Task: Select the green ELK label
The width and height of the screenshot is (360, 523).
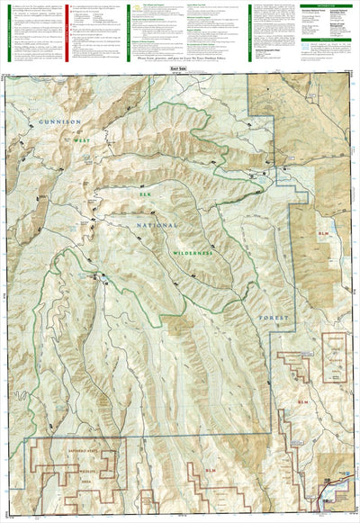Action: pos(141,192)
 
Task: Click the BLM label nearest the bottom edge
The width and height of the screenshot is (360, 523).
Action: pos(211,471)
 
